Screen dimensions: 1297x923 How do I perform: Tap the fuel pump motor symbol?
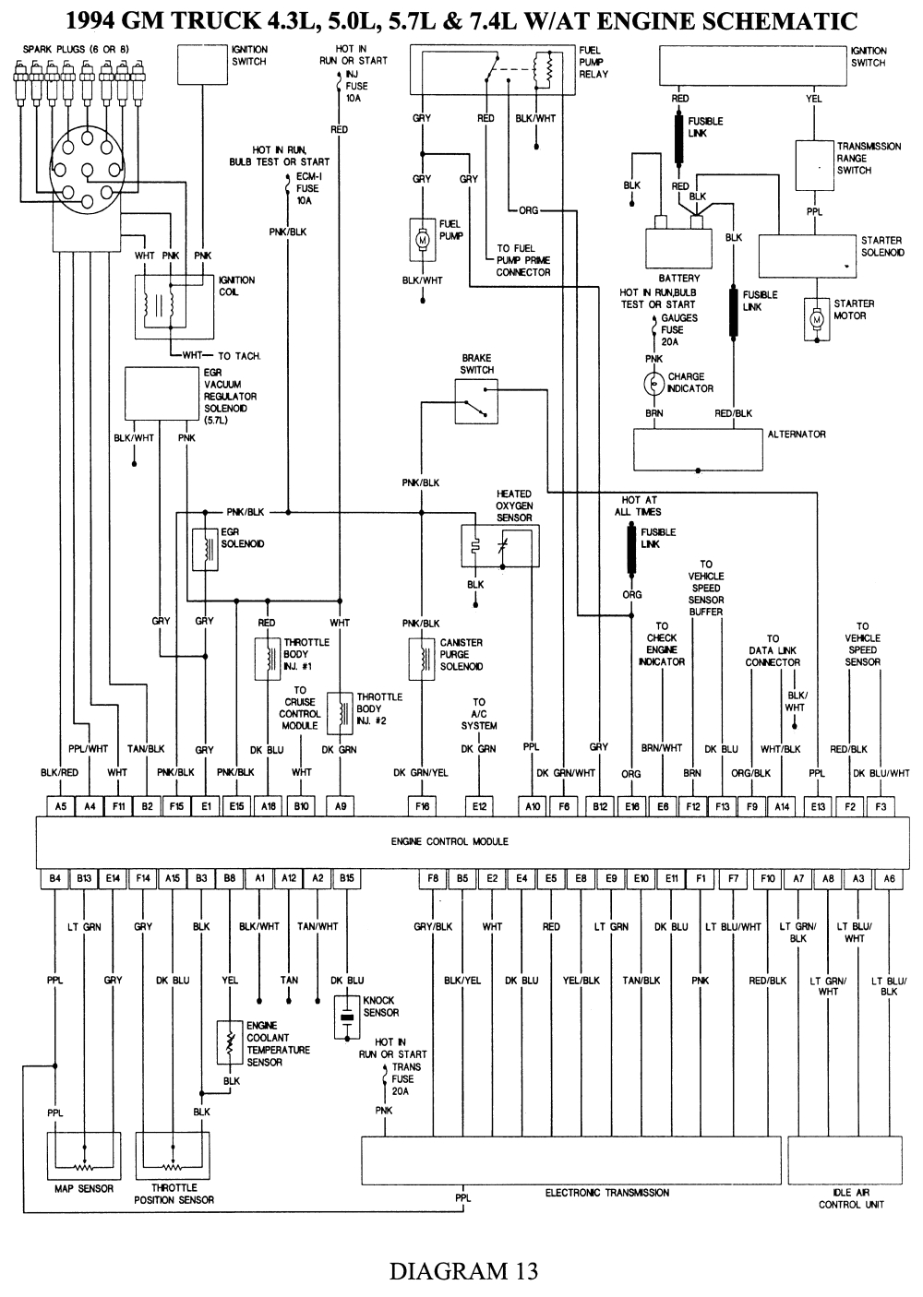pos(424,239)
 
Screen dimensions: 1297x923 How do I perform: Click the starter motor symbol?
pos(817,319)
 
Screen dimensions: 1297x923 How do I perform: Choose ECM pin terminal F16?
pos(423,806)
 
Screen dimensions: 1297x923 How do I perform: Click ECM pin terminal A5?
pos(60,806)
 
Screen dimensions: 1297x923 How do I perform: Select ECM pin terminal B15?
pos(346,879)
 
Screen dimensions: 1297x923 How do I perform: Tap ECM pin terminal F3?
pos(880,806)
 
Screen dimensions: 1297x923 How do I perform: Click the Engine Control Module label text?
pos(450,841)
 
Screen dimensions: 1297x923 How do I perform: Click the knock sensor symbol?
pos(346,1013)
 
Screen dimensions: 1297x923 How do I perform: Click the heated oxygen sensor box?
pos(500,547)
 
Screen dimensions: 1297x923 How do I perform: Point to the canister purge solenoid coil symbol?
pos(422,656)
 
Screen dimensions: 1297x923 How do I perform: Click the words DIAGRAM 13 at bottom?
pos(462,1270)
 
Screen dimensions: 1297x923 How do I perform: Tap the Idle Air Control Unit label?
pos(851,1198)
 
